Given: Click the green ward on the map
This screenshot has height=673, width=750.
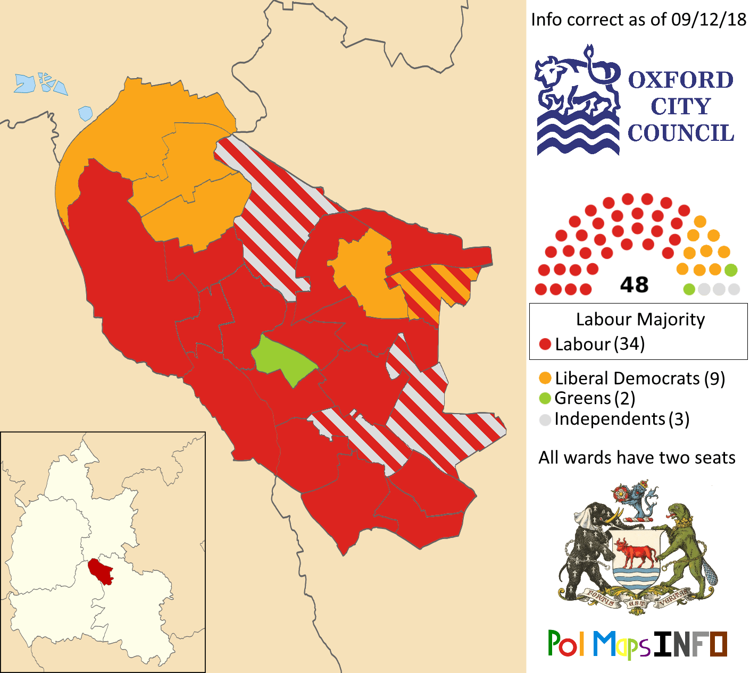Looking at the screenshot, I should [x=282, y=359].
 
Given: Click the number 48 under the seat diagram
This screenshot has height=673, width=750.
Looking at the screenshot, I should [x=634, y=285].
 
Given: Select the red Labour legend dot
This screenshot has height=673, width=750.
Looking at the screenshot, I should [x=545, y=344].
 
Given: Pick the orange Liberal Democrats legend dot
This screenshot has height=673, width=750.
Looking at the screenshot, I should [x=545, y=378].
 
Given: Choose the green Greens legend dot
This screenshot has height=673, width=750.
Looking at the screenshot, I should [x=545, y=398].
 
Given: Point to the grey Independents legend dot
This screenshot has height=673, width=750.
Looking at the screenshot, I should [x=545, y=419].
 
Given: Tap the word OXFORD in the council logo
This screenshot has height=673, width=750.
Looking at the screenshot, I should [x=681, y=80].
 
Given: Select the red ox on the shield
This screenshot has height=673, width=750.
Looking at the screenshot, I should [x=635, y=553].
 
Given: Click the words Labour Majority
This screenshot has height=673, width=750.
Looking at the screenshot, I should [x=640, y=319].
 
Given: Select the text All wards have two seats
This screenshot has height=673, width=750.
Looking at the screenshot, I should [x=637, y=458].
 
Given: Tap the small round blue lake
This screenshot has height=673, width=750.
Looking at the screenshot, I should [x=85, y=113].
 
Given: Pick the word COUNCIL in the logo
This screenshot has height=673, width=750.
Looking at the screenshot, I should [x=681, y=133].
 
